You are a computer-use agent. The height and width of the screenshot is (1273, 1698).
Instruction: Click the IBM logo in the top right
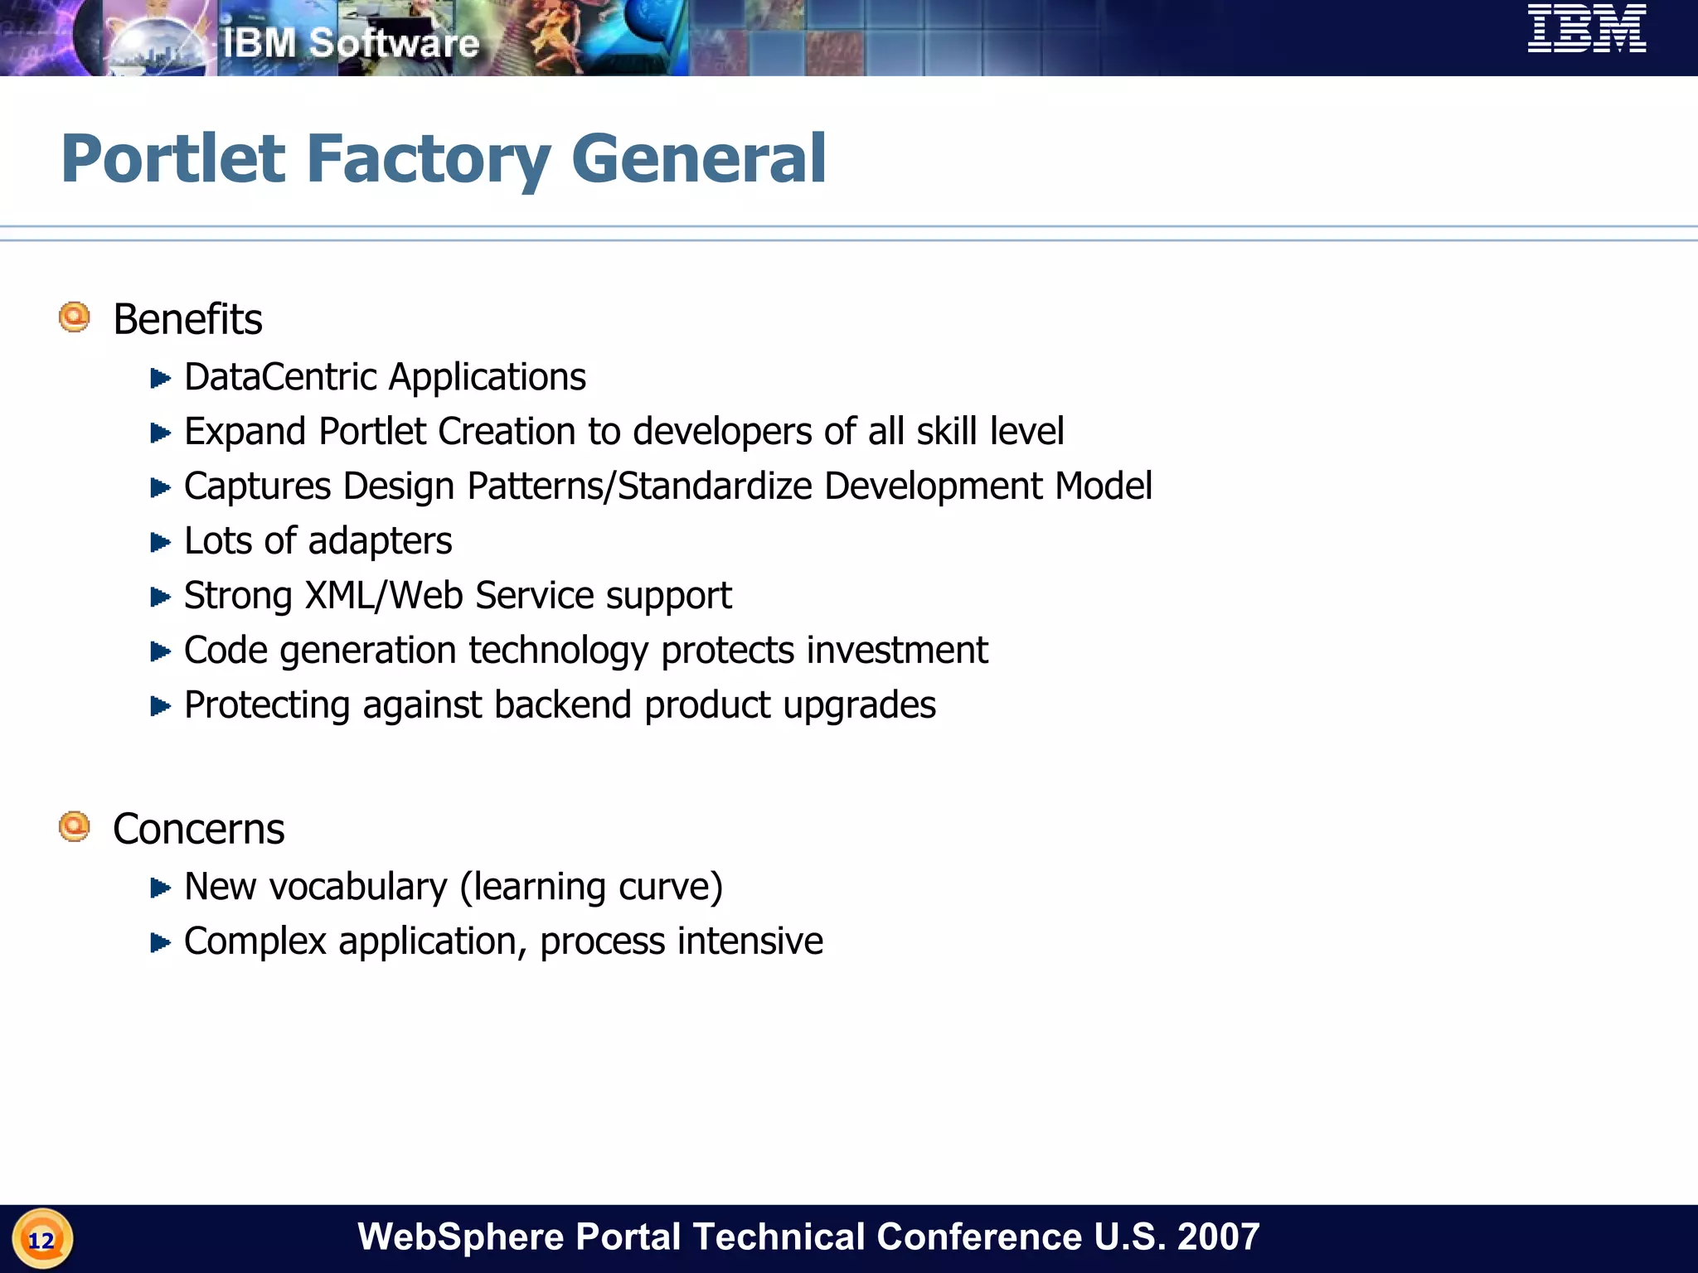[x=1587, y=29]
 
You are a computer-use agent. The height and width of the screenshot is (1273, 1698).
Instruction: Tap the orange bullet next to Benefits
[x=75, y=317]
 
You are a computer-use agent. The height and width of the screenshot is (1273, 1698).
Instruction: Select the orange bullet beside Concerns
[x=75, y=827]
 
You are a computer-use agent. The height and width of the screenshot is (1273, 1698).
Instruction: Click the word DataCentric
[x=281, y=378]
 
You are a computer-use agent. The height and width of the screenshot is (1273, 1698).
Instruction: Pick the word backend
[x=563, y=705]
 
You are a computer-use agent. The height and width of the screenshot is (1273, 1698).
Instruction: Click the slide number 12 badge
[x=41, y=1240]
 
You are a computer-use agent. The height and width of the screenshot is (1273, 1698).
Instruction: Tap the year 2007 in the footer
[x=1218, y=1237]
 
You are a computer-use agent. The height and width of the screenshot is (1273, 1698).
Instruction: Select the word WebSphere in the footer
[x=460, y=1237]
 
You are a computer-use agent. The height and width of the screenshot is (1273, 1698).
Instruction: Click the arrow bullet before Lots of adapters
[x=160, y=543]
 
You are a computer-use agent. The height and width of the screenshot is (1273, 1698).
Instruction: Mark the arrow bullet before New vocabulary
[x=160, y=888]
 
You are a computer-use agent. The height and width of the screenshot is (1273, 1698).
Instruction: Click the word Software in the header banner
[x=394, y=43]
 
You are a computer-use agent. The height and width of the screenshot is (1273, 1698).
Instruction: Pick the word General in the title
[x=698, y=159]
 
